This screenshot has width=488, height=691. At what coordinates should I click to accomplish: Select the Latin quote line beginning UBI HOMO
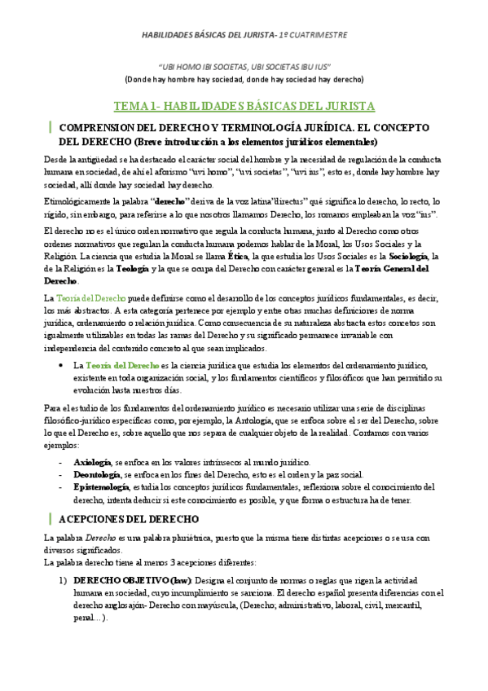tap(244, 67)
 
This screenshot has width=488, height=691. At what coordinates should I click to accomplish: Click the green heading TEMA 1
tap(244, 106)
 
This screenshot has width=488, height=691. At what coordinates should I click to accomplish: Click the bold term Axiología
tap(92, 462)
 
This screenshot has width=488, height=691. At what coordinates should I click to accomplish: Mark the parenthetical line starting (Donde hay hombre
tap(244, 79)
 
